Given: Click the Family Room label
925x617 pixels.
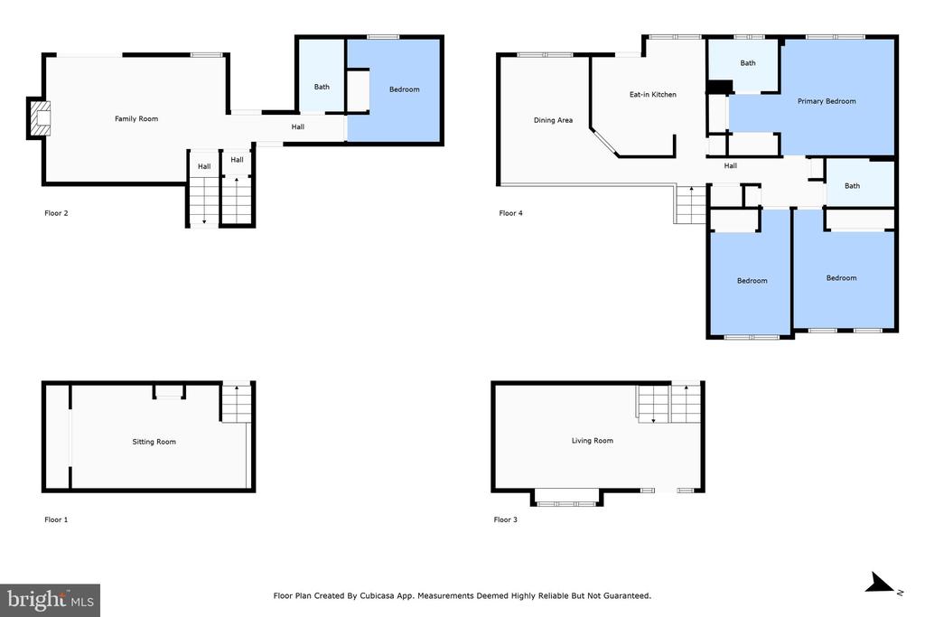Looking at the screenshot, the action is pyautogui.click(x=136, y=118).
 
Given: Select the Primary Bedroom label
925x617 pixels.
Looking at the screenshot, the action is pyautogui.click(x=827, y=101).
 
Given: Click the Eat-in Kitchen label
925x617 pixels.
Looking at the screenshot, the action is pyautogui.click(x=652, y=94).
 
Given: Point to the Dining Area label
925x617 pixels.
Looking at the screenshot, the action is pyautogui.click(x=553, y=120).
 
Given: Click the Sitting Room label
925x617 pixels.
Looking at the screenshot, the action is pyautogui.click(x=154, y=442).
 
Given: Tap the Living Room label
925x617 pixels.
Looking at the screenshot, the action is pyautogui.click(x=593, y=441).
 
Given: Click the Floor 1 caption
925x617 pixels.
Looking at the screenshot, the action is pyautogui.click(x=56, y=519).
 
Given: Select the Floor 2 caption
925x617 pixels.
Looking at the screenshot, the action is pyautogui.click(x=56, y=213).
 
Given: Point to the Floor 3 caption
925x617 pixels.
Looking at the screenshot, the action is pyautogui.click(x=506, y=519).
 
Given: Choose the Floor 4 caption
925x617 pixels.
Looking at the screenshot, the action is pyautogui.click(x=511, y=213).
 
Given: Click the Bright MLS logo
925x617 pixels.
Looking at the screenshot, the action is pyautogui.click(x=51, y=601).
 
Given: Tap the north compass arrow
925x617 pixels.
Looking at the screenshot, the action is pyautogui.click(x=879, y=584).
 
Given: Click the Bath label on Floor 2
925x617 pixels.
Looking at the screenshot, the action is pyautogui.click(x=322, y=87).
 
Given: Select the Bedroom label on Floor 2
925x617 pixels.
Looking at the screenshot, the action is pyautogui.click(x=404, y=89).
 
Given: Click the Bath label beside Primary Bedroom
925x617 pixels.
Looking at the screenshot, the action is pyautogui.click(x=747, y=63).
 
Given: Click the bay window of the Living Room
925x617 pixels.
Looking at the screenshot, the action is pyautogui.click(x=567, y=499).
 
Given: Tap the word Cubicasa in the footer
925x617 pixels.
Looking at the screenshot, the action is pyautogui.click(x=378, y=595).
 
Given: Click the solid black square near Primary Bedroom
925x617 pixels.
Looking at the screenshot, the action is pyautogui.click(x=719, y=87).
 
